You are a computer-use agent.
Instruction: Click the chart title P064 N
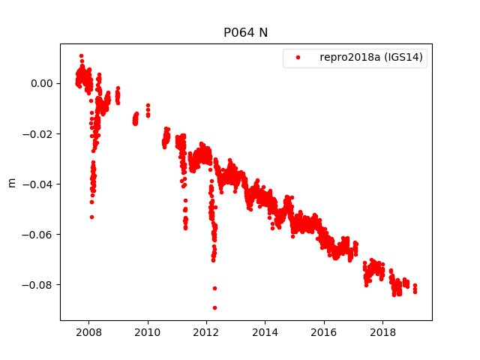click(x=245, y=33)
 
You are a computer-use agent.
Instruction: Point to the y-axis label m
click(x=11, y=182)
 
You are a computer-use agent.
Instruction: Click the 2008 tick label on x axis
click(x=88, y=332)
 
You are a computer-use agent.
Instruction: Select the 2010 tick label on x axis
click(x=148, y=332)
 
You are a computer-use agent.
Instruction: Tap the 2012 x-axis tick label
click(x=206, y=332)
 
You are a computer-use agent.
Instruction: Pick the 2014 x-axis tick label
click(x=265, y=332)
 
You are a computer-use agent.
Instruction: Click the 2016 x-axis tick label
click(x=324, y=332)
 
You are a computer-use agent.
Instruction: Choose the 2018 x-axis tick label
click(x=383, y=332)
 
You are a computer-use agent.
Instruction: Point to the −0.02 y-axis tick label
click(x=40, y=133)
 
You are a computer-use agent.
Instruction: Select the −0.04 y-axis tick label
click(x=40, y=184)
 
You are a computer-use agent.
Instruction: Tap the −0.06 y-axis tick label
click(x=40, y=234)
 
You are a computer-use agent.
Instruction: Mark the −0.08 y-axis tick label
click(x=40, y=284)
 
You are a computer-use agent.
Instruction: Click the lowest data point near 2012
click(x=214, y=307)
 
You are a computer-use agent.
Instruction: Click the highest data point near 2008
click(x=81, y=55)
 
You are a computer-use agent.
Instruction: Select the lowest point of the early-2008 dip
click(x=91, y=217)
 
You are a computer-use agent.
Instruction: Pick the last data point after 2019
click(x=415, y=291)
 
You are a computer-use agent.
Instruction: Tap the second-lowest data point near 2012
click(x=214, y=288)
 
